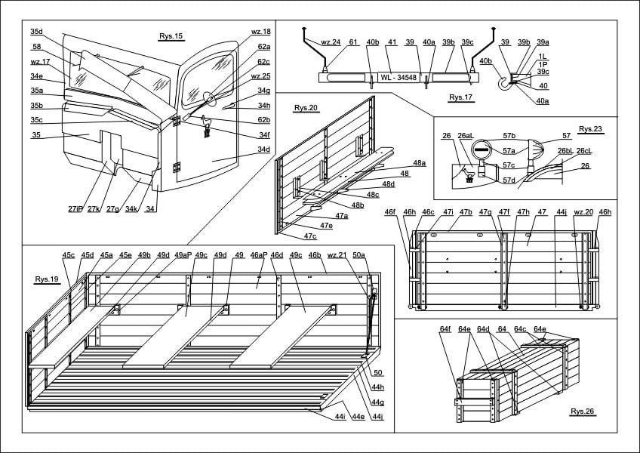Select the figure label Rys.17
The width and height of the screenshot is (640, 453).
coord(460,97)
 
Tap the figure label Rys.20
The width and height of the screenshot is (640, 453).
coord(306,108)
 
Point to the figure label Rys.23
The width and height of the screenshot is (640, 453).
coord(591,129)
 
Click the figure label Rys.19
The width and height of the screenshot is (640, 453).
coord(47,279)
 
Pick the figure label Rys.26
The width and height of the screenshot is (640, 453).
coord(582,411)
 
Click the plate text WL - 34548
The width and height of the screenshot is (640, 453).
coord(398,77)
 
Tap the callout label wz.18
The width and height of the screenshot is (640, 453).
coord(260,32)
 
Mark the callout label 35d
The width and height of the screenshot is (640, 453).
coord(36,32)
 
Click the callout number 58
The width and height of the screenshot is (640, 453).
coord(36,47)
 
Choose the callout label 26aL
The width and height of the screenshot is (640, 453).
coord(465,137)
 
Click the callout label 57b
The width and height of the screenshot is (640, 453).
coord(509,137)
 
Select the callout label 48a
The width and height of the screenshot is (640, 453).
coord(419,163)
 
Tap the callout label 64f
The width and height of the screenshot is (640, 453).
coord(445,329)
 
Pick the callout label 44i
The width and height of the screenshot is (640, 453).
coord(340,417)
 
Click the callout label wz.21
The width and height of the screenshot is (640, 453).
coord(337,255)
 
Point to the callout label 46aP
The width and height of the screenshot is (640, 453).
coord(259,255)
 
